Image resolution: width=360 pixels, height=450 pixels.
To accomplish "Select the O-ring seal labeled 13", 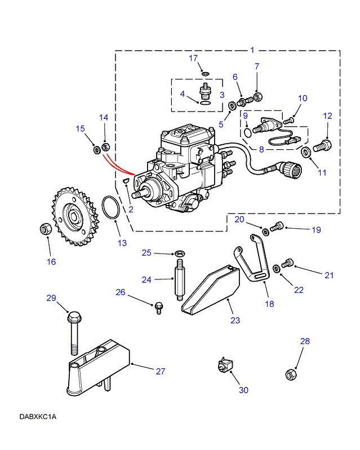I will (x=110, y=208).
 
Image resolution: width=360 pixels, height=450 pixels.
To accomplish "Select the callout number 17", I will (x=193, y=58).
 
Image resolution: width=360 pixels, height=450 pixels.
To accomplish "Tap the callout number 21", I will (x=329, y=275).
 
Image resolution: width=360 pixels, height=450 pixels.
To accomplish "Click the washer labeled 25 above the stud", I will (x=180, y=253).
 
